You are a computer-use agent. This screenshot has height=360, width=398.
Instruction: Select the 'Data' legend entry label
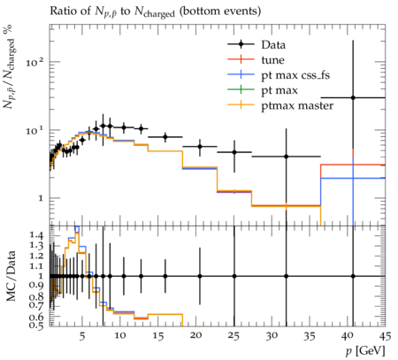(273, 45)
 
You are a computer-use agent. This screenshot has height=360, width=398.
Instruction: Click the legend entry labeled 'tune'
(272, 60)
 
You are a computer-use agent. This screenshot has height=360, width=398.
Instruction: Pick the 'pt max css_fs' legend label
(295, 75)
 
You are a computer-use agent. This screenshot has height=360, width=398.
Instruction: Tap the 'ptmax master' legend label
(297, 106)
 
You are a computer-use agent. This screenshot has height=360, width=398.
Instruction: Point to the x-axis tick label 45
(385, 336)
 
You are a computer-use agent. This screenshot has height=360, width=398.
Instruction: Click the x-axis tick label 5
(82, 336)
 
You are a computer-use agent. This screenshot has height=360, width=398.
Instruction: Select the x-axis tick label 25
(233, 336)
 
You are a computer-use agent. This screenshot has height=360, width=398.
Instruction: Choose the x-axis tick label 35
(310, 336)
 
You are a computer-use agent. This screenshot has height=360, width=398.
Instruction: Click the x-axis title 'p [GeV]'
(366, 351)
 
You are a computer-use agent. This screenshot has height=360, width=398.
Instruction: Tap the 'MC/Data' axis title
(11, 276)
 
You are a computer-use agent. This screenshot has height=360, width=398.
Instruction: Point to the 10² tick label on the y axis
(34, 62)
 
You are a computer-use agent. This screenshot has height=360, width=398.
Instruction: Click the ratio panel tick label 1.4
(36, 235)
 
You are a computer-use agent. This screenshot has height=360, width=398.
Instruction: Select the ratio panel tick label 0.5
(36, 325)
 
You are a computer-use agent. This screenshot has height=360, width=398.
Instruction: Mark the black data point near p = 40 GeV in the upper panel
(353, 97)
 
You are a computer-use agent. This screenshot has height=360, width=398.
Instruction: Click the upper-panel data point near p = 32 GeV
(286, 157)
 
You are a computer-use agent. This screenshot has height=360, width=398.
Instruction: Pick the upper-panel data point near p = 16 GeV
(165, 137)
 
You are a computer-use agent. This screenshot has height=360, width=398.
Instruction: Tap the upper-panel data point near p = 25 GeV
(234, 152)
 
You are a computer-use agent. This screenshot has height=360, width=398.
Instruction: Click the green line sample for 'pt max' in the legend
(241, 89)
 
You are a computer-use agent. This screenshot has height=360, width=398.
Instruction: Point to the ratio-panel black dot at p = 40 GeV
(353, 276)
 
